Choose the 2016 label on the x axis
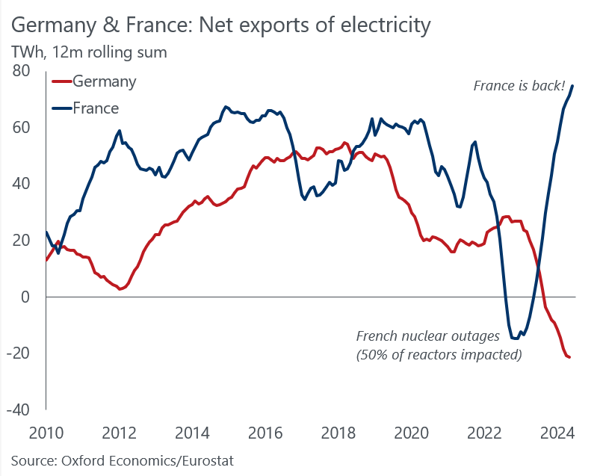tap(265, 433)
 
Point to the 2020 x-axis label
tap(411, 433)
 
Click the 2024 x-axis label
tap(557, 433)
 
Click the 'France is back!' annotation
tap(519, 85)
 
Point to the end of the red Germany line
tap(570, 357)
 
